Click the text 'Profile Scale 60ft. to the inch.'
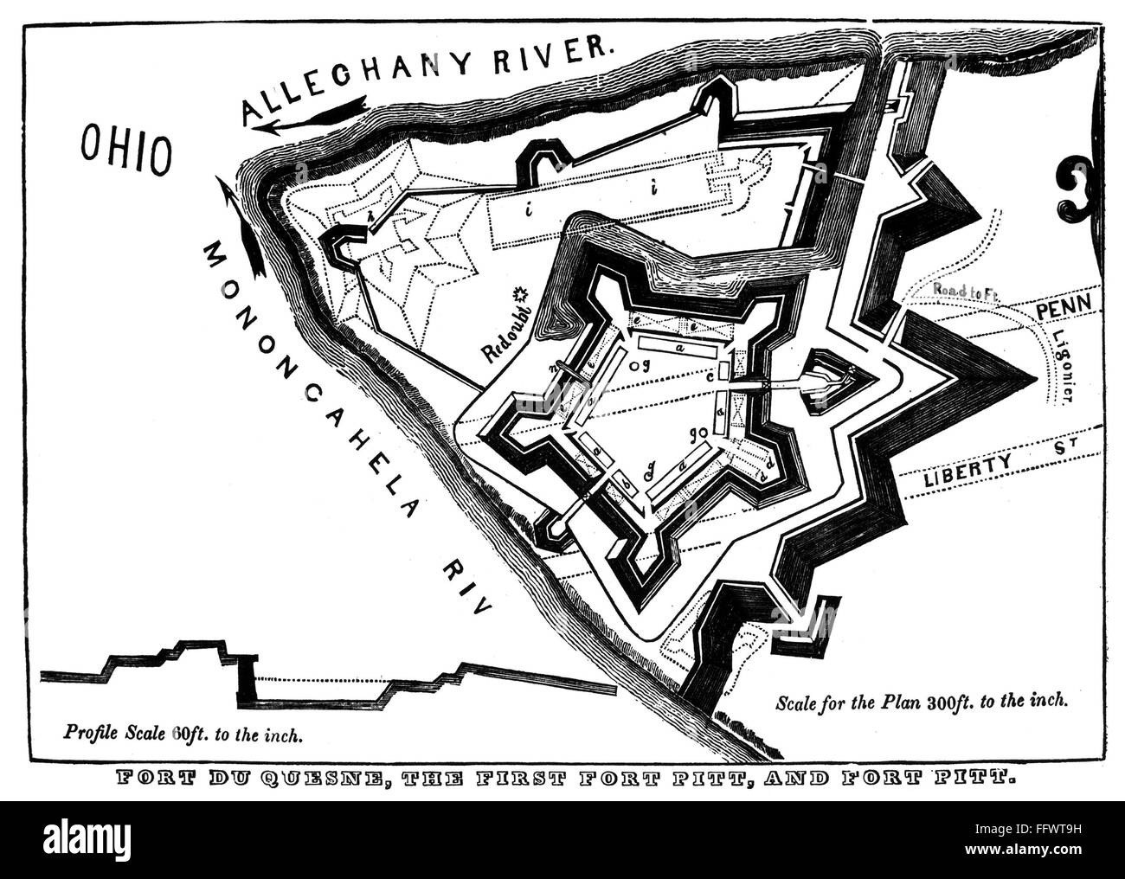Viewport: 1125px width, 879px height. (183, 736)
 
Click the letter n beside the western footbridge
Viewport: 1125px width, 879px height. (551, 367)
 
